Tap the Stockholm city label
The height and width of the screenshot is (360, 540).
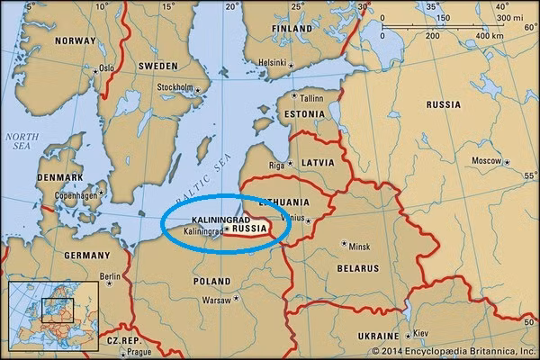[x=175, y=87]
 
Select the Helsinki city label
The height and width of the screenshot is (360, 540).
[x=272, y=62]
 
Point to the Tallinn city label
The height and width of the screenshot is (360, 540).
[x=310, y=97]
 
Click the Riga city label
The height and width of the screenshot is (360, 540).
[x=278, y=166]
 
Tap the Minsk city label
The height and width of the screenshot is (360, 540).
[x=359, y=246]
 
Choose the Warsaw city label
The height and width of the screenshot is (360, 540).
[x=216, y=299]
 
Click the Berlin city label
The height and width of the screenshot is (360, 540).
[x=110, y=276]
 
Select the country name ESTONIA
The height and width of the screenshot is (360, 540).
[x=301, y=114]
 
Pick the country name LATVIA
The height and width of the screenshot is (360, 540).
[x=316, y=162]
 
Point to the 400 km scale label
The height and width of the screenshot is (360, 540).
[x=490, y=35]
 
